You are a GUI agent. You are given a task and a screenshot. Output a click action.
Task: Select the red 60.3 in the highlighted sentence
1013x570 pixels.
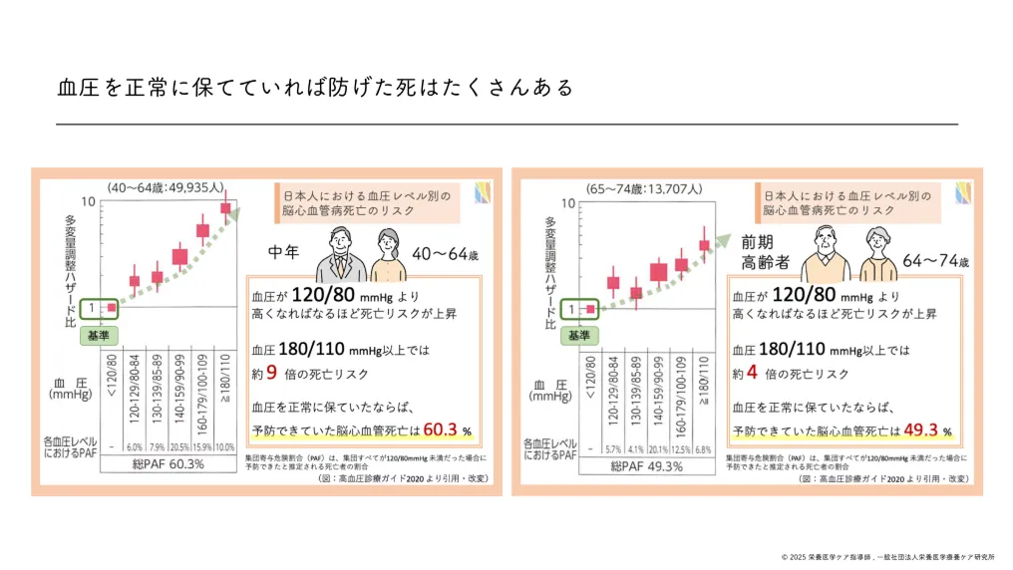click(x=439, y=430)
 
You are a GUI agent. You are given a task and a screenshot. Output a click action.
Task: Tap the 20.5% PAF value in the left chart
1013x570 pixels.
click(x=178, y=446)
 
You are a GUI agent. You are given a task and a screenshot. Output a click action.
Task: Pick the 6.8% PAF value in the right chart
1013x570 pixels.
click(x=705, y=446)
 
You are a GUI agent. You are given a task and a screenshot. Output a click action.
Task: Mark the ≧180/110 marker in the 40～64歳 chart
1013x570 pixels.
click(x=225, y=208)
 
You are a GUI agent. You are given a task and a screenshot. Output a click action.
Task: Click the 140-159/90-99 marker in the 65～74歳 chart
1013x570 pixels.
click(x=659, y=271)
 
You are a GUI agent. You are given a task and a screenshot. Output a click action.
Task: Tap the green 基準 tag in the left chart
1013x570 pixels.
click(x=100, y=336)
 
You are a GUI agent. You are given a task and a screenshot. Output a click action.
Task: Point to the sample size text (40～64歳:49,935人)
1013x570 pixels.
click(x=168, y=187)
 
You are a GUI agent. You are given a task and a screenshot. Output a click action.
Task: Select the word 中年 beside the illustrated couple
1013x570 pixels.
click(x=286, y=253)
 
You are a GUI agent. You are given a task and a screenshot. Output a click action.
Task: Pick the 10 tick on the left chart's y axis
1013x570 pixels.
click(x=89, y=202)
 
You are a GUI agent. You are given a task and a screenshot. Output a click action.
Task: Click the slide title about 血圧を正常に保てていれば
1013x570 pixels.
click(x=316, y=88)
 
